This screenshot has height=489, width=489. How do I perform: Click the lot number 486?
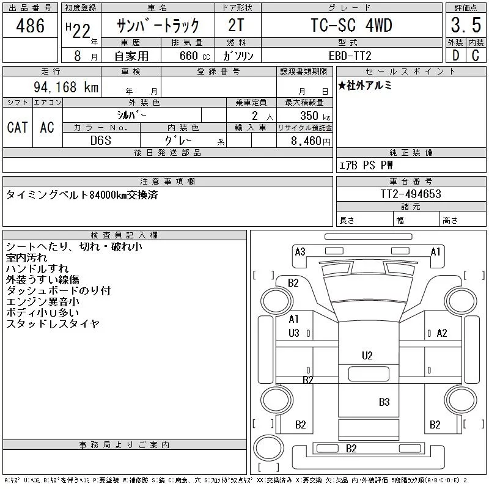tap(30, 26)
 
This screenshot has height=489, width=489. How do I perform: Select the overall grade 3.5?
tap(466, 25)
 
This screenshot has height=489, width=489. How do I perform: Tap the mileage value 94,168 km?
tap(66, 87)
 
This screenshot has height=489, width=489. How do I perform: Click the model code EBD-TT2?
tap(350, 56)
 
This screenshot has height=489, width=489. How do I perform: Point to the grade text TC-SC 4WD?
tap(351, 25)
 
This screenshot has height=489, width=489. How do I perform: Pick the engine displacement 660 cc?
tap(194, 56)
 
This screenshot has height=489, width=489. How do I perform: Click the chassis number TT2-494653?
tap(411, 194)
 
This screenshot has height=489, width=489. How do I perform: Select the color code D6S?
tap(101, 141)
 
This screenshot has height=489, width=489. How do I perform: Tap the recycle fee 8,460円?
tap(311, 141)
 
